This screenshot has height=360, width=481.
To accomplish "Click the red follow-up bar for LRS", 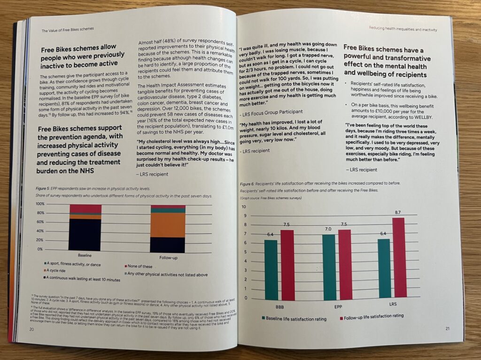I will (398, 258).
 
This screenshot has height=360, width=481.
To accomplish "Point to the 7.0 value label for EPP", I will (328, 229).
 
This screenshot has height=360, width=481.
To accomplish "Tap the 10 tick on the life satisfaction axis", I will (243, 207).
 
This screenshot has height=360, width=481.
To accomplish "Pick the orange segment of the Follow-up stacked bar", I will (168, 225).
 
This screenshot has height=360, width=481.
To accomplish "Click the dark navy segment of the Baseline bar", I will (85, 235).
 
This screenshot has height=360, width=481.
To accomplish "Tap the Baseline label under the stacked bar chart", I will (85, 256).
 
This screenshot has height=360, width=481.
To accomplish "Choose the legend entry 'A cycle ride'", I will (59, 271).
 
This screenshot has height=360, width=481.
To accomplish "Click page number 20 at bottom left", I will (31, 329).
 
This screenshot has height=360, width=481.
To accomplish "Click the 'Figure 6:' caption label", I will (248, 184).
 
